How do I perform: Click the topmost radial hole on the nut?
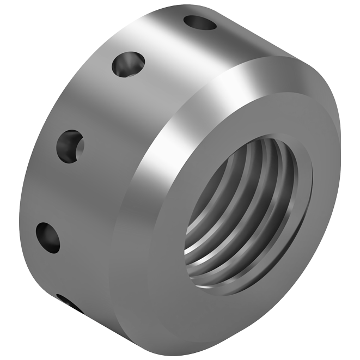199,22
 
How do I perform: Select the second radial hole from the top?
129,64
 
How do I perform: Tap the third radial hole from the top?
71,147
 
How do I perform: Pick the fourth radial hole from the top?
48,237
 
